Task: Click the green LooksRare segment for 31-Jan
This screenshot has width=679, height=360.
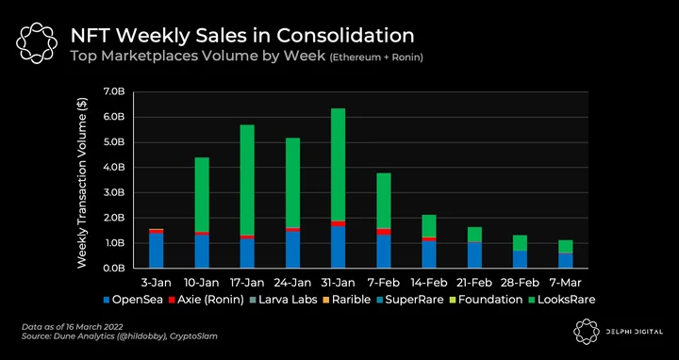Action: [x=339, y=164]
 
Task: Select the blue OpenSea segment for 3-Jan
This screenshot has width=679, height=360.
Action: [x=157, y=251]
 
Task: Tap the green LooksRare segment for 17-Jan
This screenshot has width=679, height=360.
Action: [x=247, y=180]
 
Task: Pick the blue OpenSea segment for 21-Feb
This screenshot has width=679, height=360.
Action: [x=474, y=255]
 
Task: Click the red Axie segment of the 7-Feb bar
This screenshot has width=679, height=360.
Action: [x=384, y=232]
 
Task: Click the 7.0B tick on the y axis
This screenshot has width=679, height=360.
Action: [x=115, y=92]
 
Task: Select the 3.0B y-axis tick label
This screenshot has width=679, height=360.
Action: [x=115, y=193]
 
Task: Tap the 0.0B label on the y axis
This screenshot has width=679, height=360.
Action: [x=115, y=269]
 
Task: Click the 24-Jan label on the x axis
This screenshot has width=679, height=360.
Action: [x=292, y=284]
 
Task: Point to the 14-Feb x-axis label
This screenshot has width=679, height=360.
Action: [x=429, y=284]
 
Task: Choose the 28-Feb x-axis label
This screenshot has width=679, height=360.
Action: [x=520, y=284]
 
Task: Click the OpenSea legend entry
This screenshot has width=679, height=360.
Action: [x=133, y=300]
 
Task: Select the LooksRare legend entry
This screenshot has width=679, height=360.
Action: [x=562, y=300]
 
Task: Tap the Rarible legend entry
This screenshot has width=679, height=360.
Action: [x=346, y=300]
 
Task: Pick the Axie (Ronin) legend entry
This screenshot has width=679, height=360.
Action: [x=207, y=300]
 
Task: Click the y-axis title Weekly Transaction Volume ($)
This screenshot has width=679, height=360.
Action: [x=83, y=183]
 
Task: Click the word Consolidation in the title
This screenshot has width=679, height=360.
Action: [x=345, y=36]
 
